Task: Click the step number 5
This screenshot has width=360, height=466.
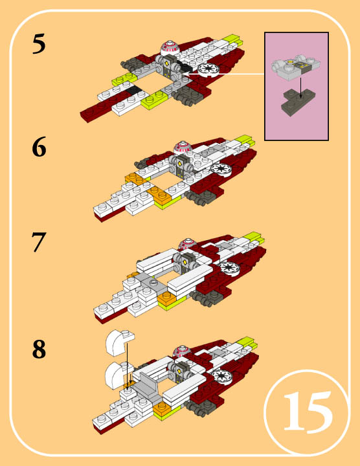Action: tap(39, 44)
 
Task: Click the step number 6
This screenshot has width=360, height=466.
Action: tap(39, 146)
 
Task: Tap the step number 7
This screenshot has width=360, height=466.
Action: tap(39, 242)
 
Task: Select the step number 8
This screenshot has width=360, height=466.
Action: tap(39, 349)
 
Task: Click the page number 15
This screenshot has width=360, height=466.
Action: tap(308, 412)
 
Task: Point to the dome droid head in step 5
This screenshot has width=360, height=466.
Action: tap(170, 48)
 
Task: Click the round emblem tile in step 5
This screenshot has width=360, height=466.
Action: tap(208, 70)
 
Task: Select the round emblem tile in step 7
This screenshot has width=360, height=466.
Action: tap(229, 268)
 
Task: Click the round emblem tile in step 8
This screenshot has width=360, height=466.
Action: tap(221, 375)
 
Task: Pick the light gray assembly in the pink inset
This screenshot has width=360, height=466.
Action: tap(296, 67)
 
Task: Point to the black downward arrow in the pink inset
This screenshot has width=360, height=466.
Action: tap(301, 87)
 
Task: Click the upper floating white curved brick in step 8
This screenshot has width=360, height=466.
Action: tap(119, 342)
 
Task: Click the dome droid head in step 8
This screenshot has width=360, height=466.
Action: tap(183, 351)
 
